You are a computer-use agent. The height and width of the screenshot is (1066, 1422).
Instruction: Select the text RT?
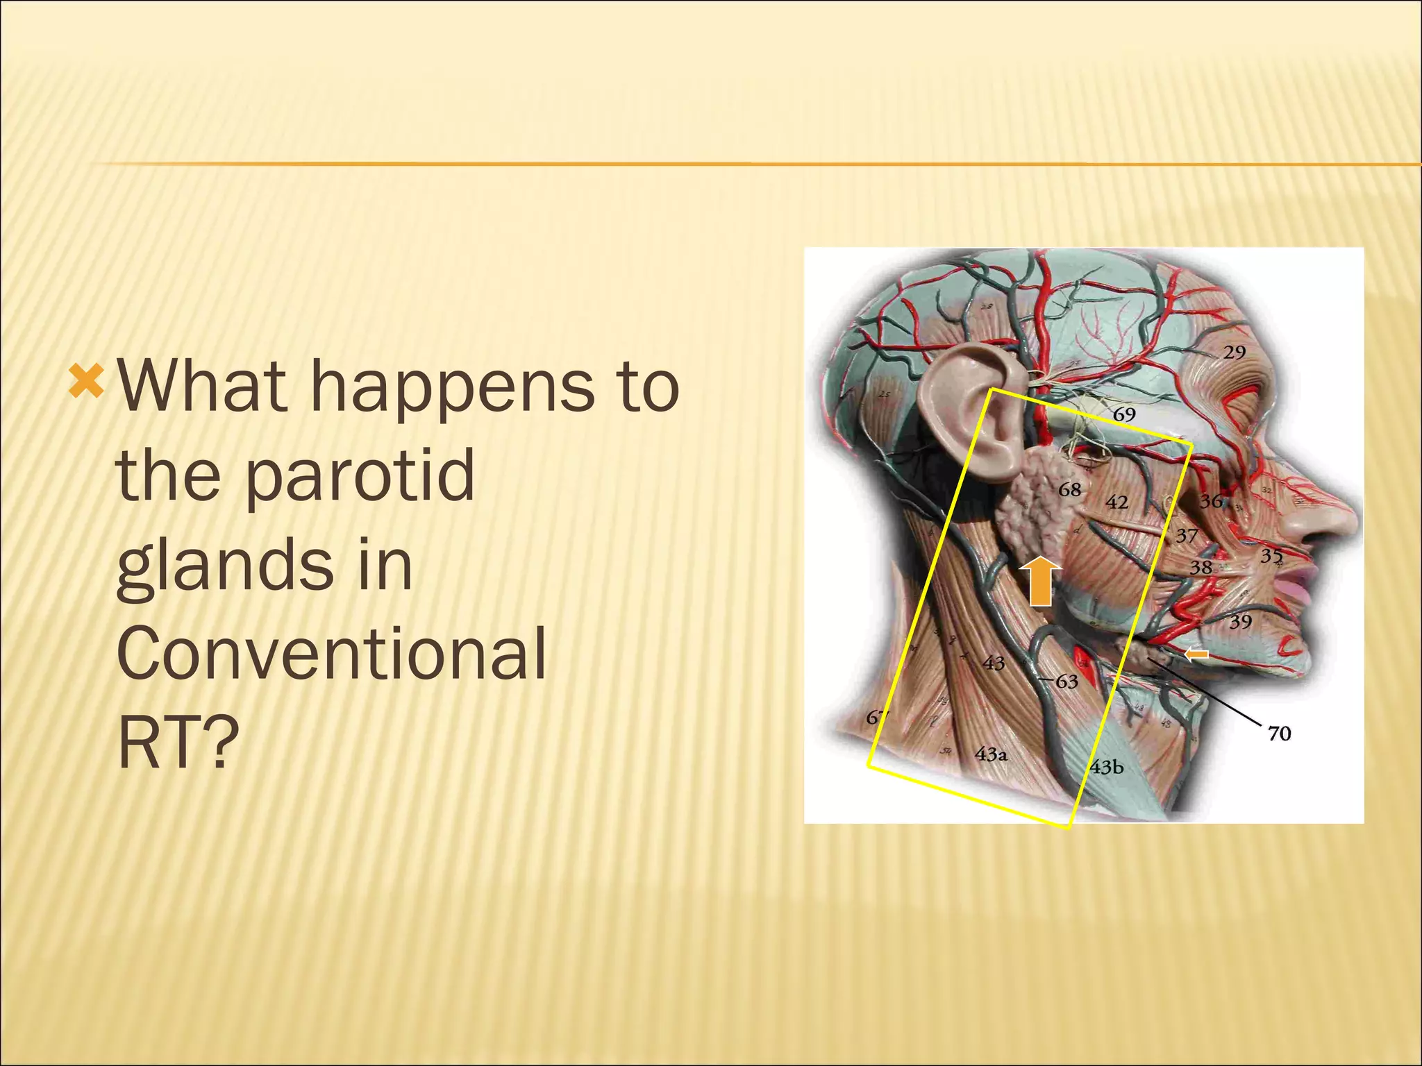(179, 743)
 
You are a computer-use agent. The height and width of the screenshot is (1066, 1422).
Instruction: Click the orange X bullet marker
(87, 384)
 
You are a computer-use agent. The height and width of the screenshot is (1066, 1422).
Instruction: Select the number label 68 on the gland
(1069, 490)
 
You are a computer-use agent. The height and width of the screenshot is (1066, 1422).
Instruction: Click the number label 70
(1279, 733)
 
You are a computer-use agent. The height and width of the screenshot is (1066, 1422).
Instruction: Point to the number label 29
(1234, 353)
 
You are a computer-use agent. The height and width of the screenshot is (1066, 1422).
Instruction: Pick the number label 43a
(991, 754)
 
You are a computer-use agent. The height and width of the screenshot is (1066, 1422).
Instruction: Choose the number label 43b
(1106, 768)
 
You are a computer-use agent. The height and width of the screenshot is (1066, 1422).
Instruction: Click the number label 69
(1124, 414)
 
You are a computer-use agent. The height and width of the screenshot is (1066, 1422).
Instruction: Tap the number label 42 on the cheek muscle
(1116, 502)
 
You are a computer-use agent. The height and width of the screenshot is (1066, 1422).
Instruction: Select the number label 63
(1066, 682)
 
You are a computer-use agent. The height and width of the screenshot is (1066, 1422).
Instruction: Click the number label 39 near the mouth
(1240, 621)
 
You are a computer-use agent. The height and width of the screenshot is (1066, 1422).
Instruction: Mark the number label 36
(1212, 500)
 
